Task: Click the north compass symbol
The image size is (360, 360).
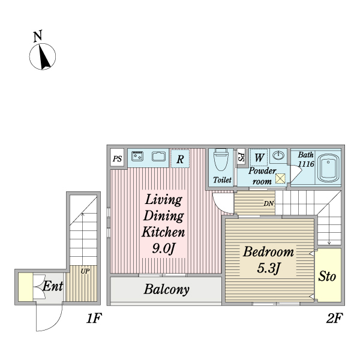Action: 43,56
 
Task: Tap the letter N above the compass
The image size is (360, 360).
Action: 37,36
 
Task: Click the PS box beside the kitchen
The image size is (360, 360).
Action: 117,159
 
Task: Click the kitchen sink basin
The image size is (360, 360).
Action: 158,157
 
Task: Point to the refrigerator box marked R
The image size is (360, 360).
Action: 180,159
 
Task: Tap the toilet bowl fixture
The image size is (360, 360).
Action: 221,160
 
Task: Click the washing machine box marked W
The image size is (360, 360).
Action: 259,158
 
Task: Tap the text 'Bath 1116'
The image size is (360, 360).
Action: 306,159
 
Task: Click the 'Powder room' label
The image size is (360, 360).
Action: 262,175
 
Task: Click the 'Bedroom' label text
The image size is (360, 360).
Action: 268,252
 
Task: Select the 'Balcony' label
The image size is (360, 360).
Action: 166,290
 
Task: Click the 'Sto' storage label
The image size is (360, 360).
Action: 327,277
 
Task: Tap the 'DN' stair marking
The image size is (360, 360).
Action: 269,203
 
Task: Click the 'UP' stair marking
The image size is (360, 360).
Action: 85,271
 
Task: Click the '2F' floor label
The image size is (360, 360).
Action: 334,319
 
